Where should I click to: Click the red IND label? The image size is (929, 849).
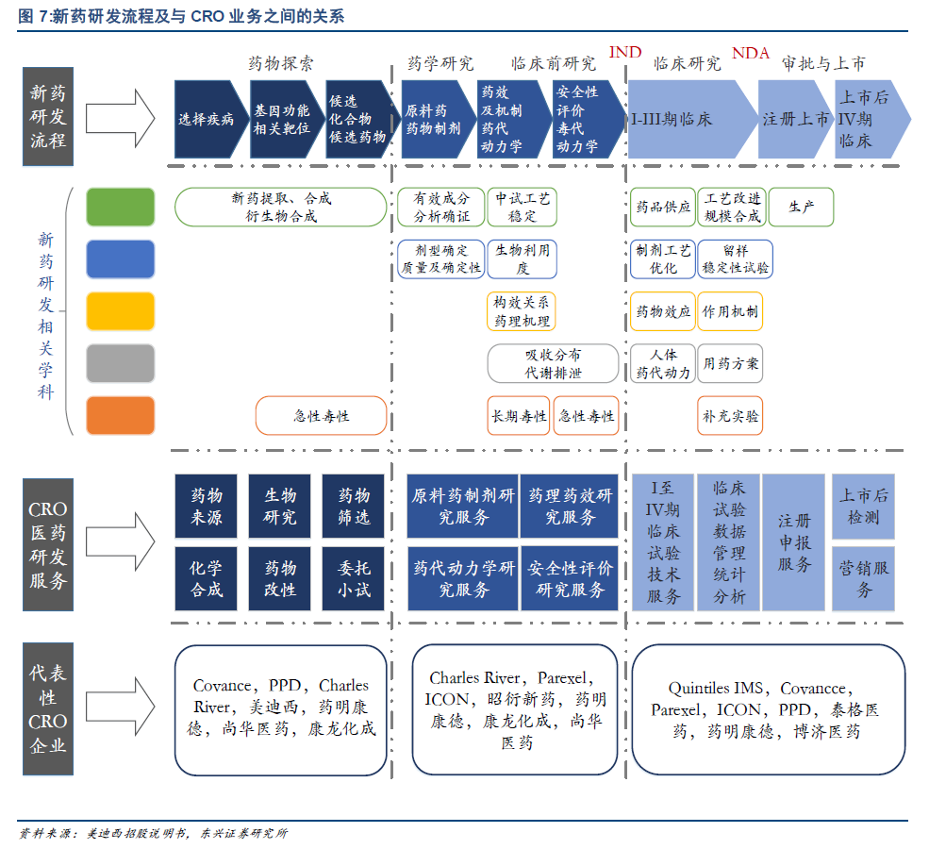tap(625, 52)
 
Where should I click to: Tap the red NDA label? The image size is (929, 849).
tap(751, 53)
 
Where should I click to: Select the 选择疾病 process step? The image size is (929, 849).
tap(207, 120)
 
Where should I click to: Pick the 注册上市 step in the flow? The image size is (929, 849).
tap(795, 120)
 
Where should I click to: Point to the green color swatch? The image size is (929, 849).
tap(120, 207)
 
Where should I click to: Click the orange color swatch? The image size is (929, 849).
tap(120, 415)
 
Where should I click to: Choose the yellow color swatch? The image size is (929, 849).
tap(120, 311)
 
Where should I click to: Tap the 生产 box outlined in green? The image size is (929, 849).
tap(801, 207)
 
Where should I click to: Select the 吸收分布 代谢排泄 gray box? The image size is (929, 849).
tap(553, 363)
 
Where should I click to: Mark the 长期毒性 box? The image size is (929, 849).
tap(519, 416)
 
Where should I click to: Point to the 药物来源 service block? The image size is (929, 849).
tap(207, 506)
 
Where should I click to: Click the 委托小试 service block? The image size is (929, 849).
tap(355, 579)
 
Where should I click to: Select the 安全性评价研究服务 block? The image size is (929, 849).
tap(571, 579)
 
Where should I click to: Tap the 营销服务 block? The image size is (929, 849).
tap(865, 579)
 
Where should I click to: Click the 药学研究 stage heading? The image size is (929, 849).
tap(440, 64)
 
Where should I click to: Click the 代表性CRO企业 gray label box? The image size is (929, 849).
tap(48, 709)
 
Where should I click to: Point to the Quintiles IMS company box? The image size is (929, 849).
tap(768, 709)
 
